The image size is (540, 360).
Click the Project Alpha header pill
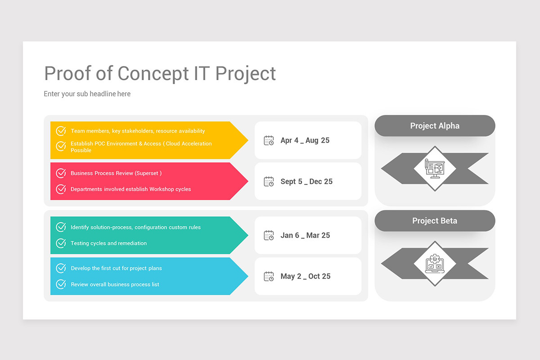tap(435, 126)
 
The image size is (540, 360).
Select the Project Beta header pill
tap(435, 220)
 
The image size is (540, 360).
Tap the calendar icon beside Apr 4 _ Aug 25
tap(269, 140)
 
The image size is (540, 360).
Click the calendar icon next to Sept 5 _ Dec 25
tap(269, 181)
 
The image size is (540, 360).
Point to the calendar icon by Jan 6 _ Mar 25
tap(269, 235)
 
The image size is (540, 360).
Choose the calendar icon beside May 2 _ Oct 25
tap(269, 276)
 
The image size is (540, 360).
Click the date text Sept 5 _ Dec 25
tap(306, 181)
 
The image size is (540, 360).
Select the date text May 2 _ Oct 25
tap(306, 276)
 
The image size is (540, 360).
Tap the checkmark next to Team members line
tap(61, 130)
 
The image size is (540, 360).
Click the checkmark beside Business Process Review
tap(61, 173)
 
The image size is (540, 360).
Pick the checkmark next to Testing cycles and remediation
tap(61, 243)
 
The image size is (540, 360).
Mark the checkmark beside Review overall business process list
tap(61, 284)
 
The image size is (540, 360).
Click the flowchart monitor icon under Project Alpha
tap(435, 169)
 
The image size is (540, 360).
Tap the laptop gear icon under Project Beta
tap(435, 264)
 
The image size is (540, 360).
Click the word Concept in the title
tap(153, 74)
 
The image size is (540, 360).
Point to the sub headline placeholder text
tap(87, 94)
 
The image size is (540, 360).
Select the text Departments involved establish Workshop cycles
tap(130, 189)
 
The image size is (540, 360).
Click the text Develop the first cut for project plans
tap(116, 268)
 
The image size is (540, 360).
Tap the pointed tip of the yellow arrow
tap(248, 140)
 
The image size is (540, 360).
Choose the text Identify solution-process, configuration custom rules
tap(135, 227)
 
